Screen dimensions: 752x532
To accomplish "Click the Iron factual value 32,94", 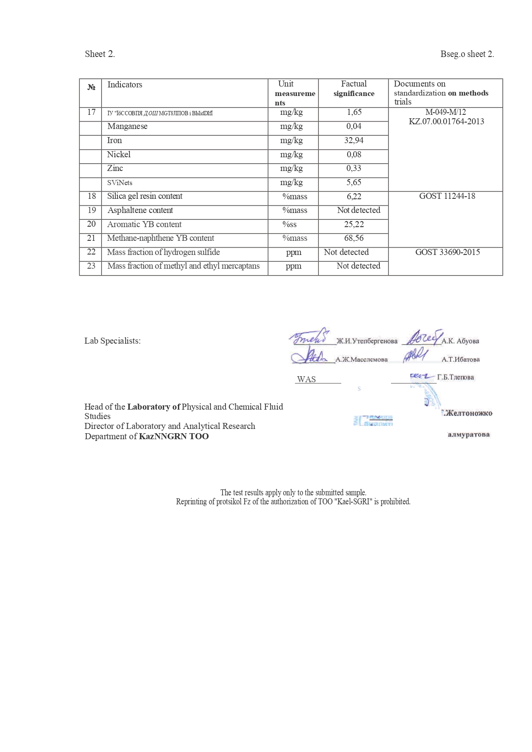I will (x=354, y=141).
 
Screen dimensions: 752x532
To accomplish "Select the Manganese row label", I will (x=127, y=126).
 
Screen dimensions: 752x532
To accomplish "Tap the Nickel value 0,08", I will (x=354, y=155).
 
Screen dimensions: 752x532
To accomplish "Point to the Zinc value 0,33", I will (x=354, y=168).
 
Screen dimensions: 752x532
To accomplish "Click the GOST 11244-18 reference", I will (x=447, y=196).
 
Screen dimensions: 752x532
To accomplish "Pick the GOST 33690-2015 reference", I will (x=448, y=252).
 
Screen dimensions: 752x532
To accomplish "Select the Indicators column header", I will (x=125, y=85).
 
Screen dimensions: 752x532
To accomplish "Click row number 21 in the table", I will (x=91, y=238).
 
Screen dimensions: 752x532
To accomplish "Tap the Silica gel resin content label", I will (x=145, y=196).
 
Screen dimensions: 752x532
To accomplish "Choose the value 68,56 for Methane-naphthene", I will (x=354, y=238).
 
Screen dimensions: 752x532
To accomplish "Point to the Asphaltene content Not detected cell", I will (x=358, y=210).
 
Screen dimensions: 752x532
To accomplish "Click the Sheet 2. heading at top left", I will (x=100, y=54).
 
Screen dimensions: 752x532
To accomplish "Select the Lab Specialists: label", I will (x=112, y=341).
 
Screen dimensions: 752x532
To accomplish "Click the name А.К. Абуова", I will (x=460, y=341).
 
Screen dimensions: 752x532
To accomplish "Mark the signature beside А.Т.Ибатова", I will (x=415, y=355).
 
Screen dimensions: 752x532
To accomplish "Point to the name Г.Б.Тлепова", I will (x=456, y=377).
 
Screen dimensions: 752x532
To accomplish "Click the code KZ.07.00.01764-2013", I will (x=446, y=122).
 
